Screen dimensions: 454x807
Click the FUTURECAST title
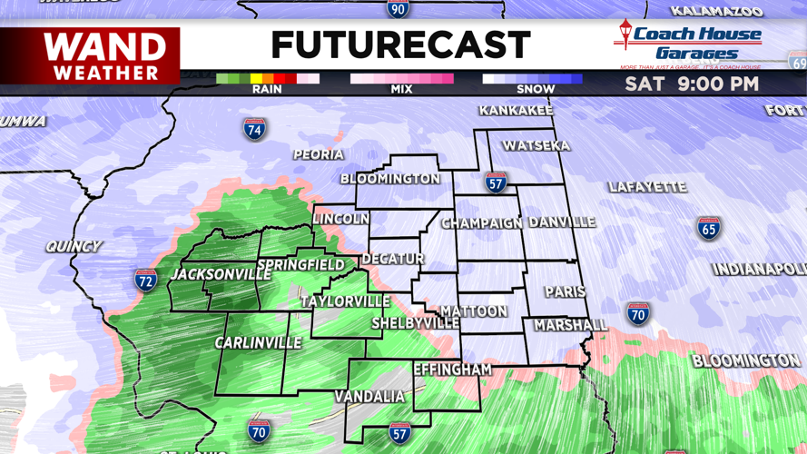pyautogui.click(x=400, y=45)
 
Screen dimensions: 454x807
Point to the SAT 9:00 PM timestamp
pyautogui.click(x=692, y=84)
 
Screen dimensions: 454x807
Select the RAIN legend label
pyautogui.click(x=267, y=89)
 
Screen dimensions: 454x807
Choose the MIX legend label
pyautogui.click(x=401, y=89)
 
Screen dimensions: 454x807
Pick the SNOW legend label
pyautogui.click(x=536, y=89)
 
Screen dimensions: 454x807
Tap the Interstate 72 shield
pyautogui.click(x=145, y=280)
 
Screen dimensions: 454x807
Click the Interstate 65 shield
pyautogui.click(x=709, y=227)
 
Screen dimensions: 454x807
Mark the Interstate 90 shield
pyautogui.click(x=398, y=9)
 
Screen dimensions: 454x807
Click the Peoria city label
pyautogui.click(x=319, y=154)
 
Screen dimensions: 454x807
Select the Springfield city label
pyautogui.click(x=300, y=265)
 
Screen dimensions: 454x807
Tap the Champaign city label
pyautogui.click(x=482, y=222)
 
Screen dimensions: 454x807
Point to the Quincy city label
pyautogui.click(x=74, y=246)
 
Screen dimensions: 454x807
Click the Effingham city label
pyautogui.click(x=452, y=370)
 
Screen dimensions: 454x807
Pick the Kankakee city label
pyautogui.click(x=516, y=110)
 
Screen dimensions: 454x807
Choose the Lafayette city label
pyautogui.click(x=647, y=187)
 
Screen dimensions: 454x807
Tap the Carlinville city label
pyautogui.click(x=258, y=342)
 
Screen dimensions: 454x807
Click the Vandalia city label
pyautogui.click(x=369, y=397)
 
